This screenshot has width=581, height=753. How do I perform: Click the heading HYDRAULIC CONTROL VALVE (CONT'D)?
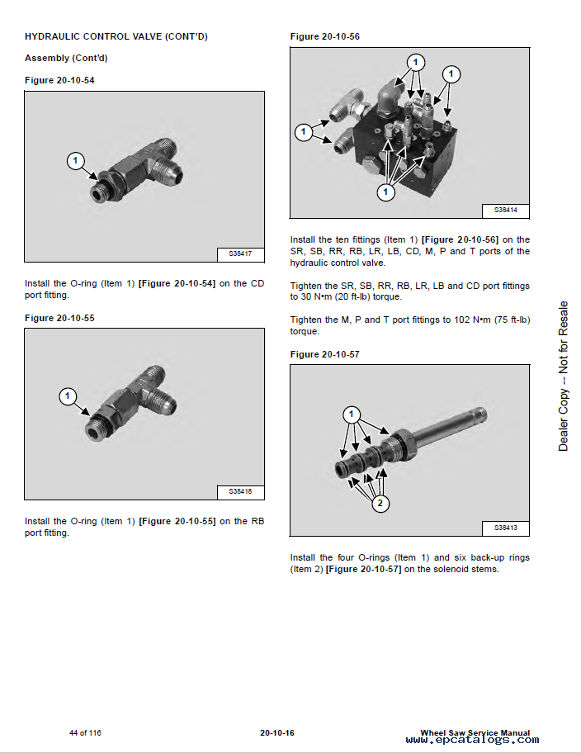pos(116,36)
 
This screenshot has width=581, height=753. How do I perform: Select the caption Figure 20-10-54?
pos(59,80)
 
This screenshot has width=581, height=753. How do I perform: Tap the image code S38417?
pos(240,254)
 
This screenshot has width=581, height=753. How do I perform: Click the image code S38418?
pos(240,492)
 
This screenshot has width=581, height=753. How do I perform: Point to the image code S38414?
pos(505,210)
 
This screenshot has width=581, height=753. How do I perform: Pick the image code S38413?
pos(505,528)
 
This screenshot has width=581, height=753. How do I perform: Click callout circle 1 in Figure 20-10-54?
pos(76,160)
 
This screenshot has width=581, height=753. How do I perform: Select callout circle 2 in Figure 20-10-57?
pos(380,503)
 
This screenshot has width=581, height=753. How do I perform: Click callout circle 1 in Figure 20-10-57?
pos(352,414)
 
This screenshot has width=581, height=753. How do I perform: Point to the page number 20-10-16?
pos(277,733)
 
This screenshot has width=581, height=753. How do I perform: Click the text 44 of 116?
pos(85,733)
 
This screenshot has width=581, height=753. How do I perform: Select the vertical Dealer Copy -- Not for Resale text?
pos(564,376)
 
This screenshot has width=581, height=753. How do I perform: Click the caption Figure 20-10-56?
pos(325,36)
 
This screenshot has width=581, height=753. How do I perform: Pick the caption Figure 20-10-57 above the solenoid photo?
pos(325,354)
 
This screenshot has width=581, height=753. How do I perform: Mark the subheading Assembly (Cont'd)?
pos(66,59)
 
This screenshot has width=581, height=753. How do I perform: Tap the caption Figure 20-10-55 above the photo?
pos(59,318)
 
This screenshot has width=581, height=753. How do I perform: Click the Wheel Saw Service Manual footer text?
pos(475,732)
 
